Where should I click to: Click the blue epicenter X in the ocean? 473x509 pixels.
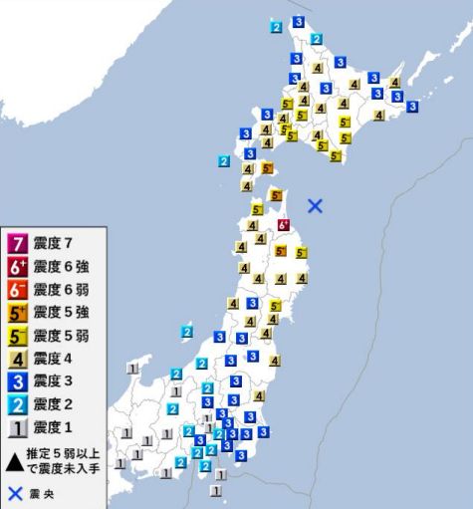(316, 206)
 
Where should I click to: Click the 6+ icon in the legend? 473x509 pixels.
(17, 267)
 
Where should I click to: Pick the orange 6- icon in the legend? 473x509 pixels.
(17, 290)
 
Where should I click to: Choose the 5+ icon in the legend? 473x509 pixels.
(17, 313)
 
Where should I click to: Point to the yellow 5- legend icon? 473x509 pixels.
(17, 336)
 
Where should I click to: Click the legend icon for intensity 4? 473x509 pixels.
(17, 359)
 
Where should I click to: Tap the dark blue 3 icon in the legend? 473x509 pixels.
(17, 382)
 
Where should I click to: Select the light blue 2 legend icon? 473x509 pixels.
(17, 404)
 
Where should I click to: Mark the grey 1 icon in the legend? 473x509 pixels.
(17, 427)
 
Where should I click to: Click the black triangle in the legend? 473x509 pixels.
(16, 461)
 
